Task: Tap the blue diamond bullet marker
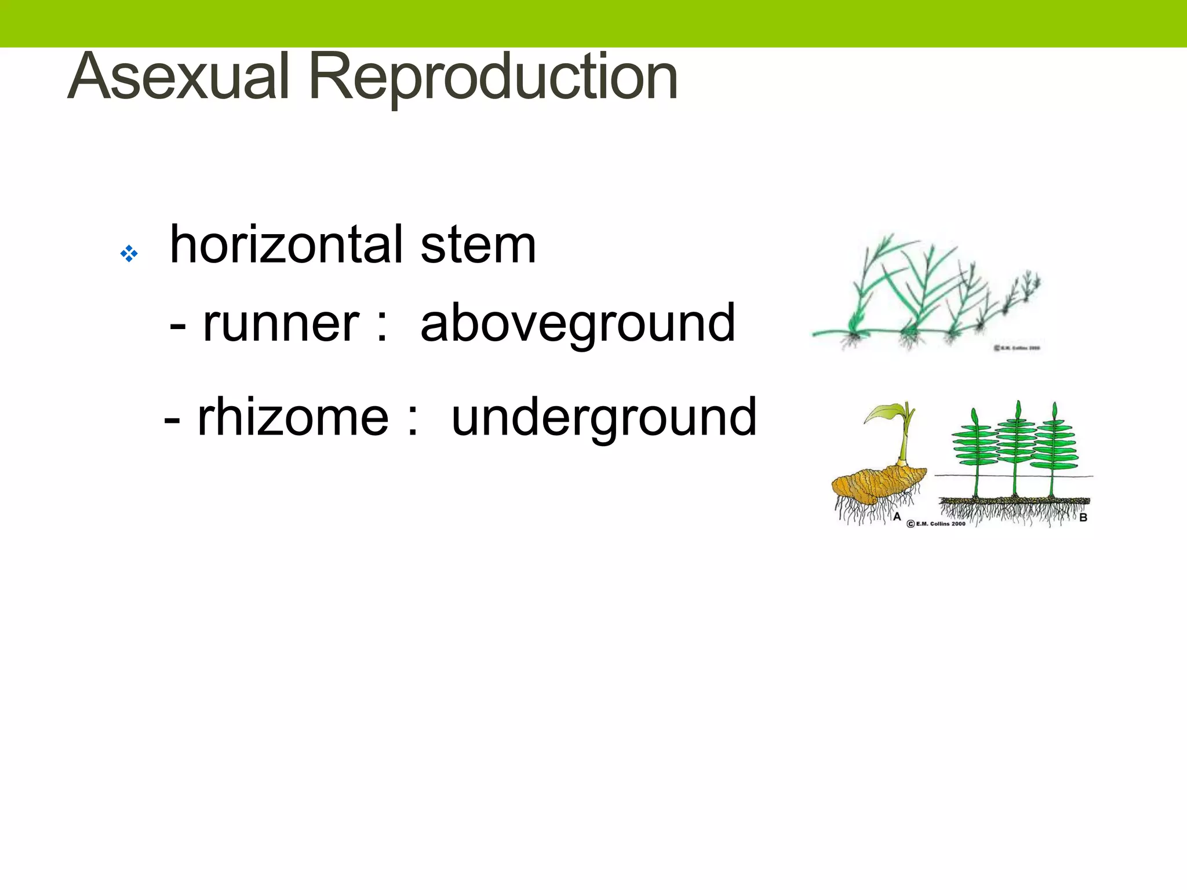(129, 254)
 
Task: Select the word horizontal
(287, 245)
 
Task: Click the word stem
(478, 245)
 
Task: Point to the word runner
(281, 323)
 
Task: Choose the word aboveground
(578, 323)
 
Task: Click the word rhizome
(293, 417)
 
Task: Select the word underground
(604, 417)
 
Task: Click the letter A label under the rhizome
(897, 516)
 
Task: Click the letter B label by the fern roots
(1083, 517)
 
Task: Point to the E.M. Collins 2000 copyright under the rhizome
(936, 524)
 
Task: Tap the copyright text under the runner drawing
(1017, 348)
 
